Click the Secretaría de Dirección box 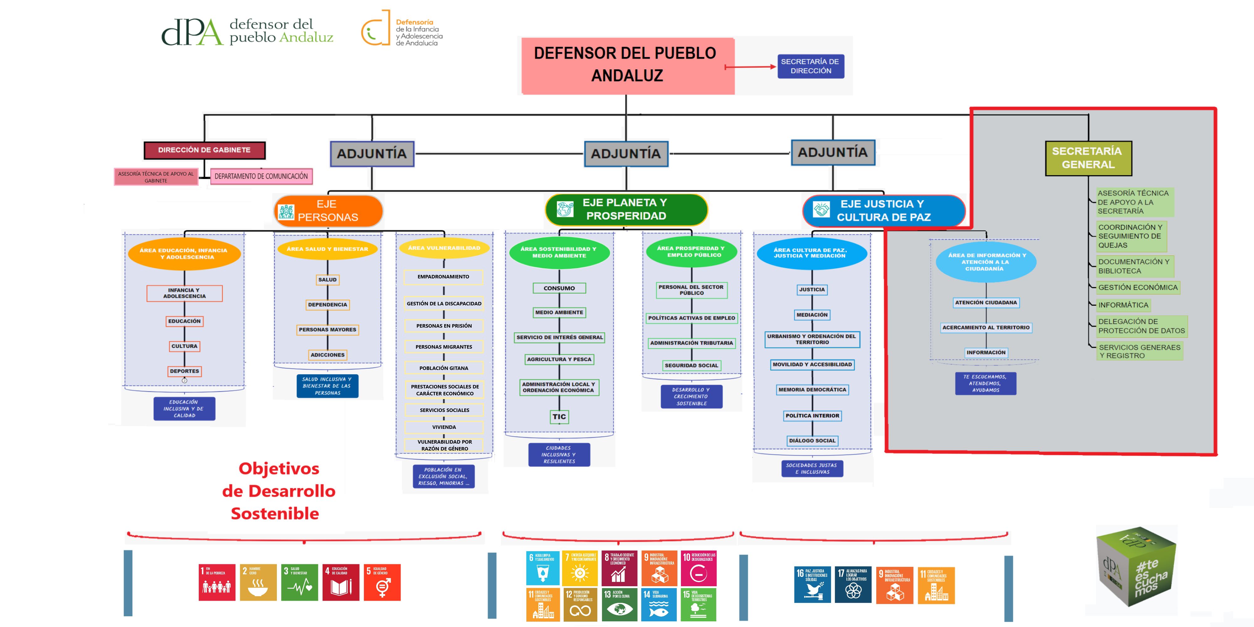pos(810,66)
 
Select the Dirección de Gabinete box pos(204,150)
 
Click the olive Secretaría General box pos(1088,158)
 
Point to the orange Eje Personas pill pos(328,211)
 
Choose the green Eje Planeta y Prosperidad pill pos(626,209)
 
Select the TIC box pos(559,417)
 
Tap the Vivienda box pos(444,427)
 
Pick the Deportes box pos(185,371)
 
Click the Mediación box pos(812,315)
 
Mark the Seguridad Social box pos(691,365)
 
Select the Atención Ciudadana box pos(986,302)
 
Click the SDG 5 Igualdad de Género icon pos(382,582)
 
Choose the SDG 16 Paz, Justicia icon pos(812,585)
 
